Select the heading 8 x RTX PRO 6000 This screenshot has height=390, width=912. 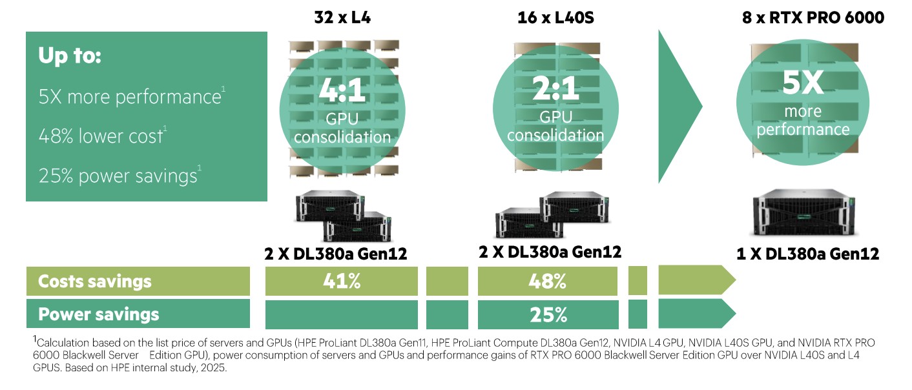tap(813, 17)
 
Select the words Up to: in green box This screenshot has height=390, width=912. tap(70, 56)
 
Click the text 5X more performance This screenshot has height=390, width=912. tap(129, 97)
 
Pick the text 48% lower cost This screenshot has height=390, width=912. tap(101, 136)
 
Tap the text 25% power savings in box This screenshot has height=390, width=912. tap(118, 176)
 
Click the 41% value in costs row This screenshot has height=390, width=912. tap(342, 282)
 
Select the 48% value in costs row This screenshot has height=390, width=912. tap(549, 282)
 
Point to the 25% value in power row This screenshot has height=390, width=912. tap(549, 314)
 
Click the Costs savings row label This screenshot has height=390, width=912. tap(95, 282)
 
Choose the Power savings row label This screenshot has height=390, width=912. tap(99, 314)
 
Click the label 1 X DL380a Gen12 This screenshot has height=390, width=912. tap(807, 254)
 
